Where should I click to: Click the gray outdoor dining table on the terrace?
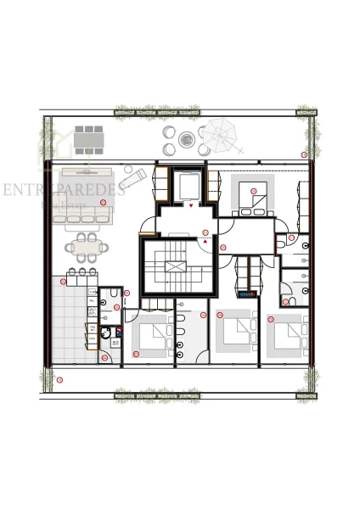point(88,137)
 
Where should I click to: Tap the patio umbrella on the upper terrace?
point(219,133)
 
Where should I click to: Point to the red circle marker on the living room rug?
point(103,202)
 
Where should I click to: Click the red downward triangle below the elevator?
point(192,205)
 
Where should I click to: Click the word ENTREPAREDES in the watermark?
point(64,189)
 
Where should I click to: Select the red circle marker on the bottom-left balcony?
point(59,379)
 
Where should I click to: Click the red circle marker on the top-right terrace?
point(304,154)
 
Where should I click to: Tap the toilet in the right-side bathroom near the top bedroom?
point(282,243)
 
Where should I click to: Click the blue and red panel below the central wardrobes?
point(247,294)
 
